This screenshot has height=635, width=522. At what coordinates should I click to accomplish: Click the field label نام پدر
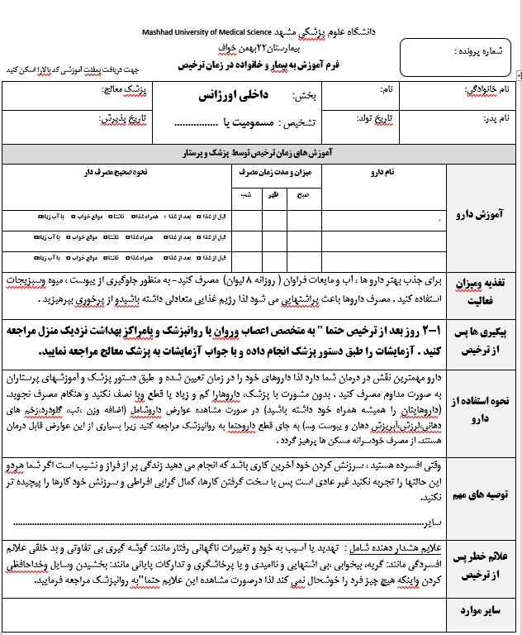pyautogui.click(x=499, y=119)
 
